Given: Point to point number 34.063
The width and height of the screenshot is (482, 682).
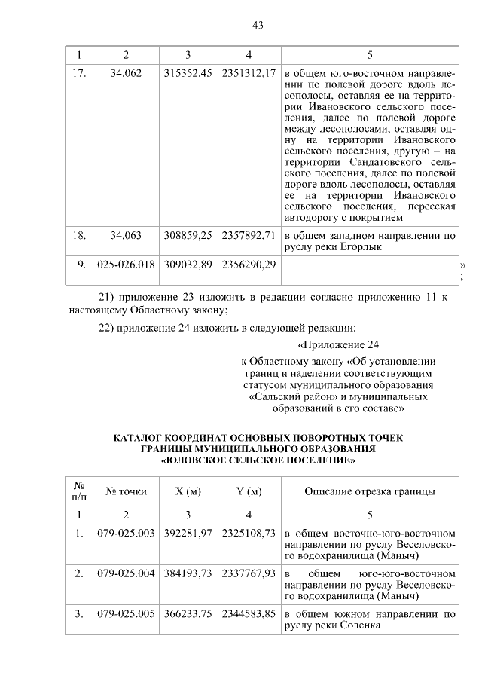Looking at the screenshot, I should (x=126, y=235).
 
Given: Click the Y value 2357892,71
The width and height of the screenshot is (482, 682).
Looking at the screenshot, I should (x=249, y=235).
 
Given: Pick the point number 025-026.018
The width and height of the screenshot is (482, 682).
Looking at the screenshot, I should (x=126, y=265).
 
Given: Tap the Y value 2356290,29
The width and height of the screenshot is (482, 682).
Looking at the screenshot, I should (x=249, y=265).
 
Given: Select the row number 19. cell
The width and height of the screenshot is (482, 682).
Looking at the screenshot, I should (x=79, y=265).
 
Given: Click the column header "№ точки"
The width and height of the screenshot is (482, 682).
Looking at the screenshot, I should (x=126, y=491).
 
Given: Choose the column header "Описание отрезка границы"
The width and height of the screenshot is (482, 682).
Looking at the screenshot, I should (x=369, y=491).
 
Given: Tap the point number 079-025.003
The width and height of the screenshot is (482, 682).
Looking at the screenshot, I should (x=126, y=533).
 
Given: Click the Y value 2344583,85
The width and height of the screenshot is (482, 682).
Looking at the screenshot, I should (x=249, y=614).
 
